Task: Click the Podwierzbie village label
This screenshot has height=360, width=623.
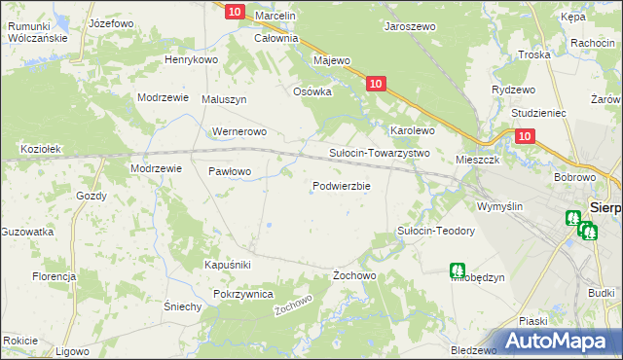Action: [341, 187]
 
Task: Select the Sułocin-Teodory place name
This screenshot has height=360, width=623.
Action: [435, 231]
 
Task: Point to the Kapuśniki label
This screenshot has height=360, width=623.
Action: [228, 265]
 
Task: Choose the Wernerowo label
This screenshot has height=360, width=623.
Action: [238, 131]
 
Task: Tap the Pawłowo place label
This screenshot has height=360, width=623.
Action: [231, 171]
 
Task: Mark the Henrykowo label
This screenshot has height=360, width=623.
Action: [191, 60]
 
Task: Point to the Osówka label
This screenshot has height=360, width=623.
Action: [313, 91]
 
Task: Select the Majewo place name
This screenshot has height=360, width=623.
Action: [331, 60]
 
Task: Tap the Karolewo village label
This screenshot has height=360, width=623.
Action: [412, 129]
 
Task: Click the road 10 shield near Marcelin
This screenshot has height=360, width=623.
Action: [234, 12]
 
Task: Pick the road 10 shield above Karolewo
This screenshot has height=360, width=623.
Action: [378, 86]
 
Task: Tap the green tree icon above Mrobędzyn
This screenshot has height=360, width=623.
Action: [457, 270]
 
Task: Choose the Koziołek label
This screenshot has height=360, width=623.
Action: [41, 149]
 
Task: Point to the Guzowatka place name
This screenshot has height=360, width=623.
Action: [26, 233]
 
